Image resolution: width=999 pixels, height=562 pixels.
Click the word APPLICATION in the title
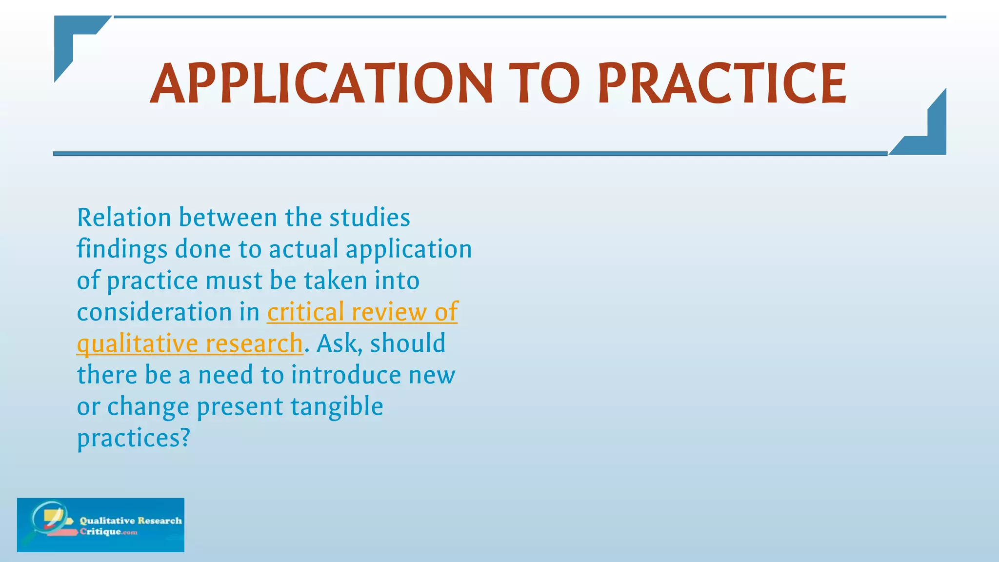321,84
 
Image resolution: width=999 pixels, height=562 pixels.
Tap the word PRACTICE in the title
722,84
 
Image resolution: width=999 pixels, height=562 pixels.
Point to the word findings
122,250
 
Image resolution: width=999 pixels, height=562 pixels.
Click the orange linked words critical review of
362,312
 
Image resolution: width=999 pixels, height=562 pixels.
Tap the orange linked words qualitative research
190,344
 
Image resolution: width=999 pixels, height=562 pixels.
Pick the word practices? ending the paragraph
133,438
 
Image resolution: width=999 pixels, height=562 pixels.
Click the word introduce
346,375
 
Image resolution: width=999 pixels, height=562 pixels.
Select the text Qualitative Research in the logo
131,521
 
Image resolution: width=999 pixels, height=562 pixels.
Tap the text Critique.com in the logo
108,532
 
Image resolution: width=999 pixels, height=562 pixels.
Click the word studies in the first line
369,218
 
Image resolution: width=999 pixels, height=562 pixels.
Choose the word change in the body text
148,407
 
